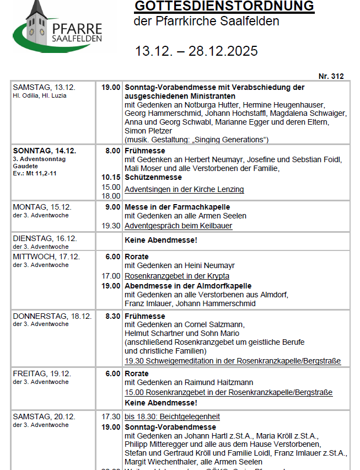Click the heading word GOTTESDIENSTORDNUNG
point(224,7)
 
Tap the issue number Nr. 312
point(331,76)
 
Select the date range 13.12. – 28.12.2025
point(196,51)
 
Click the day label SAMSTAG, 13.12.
point(44,87)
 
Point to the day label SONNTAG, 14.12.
point(45,151)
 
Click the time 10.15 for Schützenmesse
point(111,178)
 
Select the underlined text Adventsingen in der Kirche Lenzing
point(184,189)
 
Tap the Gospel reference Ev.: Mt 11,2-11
point(35,173)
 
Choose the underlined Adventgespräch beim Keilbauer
point(178,226)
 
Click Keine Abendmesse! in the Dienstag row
point(160,241)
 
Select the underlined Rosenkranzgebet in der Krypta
point(177,276)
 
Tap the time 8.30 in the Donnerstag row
point(112,316)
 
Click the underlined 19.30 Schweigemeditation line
point(233,361)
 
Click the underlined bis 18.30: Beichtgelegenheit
point(172,416)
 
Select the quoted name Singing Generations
point(228,139)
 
